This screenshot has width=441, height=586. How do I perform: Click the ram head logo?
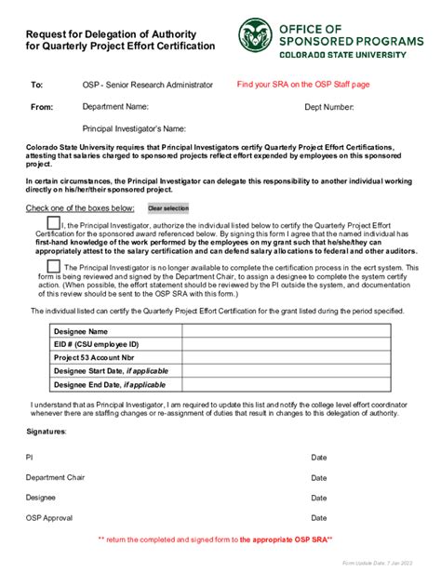point(254,36)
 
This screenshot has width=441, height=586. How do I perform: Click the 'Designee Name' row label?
point(81,331)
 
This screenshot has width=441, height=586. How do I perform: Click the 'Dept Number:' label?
point(329,108)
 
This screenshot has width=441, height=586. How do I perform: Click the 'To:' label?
point(37,86)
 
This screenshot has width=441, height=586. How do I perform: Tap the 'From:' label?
point(42,107)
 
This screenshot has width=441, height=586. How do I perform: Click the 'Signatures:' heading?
point(46,432)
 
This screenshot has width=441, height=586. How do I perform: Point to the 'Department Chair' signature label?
point(55,477)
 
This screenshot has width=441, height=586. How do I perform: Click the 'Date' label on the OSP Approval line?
point(319,518)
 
